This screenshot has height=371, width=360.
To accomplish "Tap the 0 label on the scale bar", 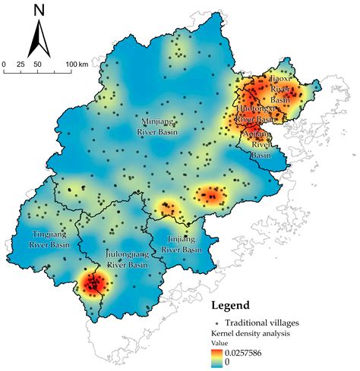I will click(x=4, y=64).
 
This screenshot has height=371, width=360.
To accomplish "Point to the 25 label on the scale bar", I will click(x=21, y=64).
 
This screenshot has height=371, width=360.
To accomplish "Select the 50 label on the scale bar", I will click(x=38, y=64).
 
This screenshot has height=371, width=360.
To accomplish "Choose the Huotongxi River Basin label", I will click(x=255, y=115).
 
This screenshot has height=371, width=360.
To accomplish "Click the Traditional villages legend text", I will click(x=258, y=322).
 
